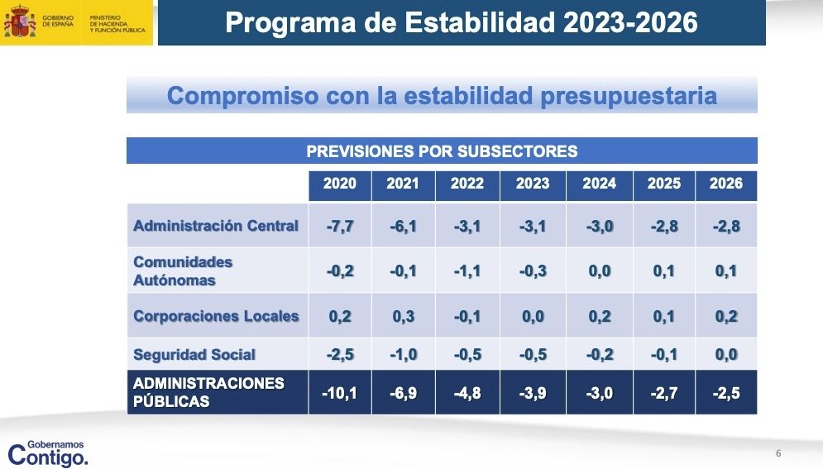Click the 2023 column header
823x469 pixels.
(x=532, y=184)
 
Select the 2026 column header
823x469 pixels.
(x=725, y=184)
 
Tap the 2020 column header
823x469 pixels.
(x=339, y=184)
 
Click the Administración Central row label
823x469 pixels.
(x=216, y=226)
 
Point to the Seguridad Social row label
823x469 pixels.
(x=194, y=355)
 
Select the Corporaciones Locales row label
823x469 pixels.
(x=216, y=316)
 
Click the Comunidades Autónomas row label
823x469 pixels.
(x=183, y=270)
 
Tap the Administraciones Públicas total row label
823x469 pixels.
(x=208, y=393)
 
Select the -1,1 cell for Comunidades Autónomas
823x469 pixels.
(x=467, y=271)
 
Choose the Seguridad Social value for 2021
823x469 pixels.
(x=403, y=355)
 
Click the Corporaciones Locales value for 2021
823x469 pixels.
(x=403, y=316)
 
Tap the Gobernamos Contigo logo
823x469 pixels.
(x=47, y=452)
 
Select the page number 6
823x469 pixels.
(x=778, y=452)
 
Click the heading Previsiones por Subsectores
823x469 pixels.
(x=442, y=151)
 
